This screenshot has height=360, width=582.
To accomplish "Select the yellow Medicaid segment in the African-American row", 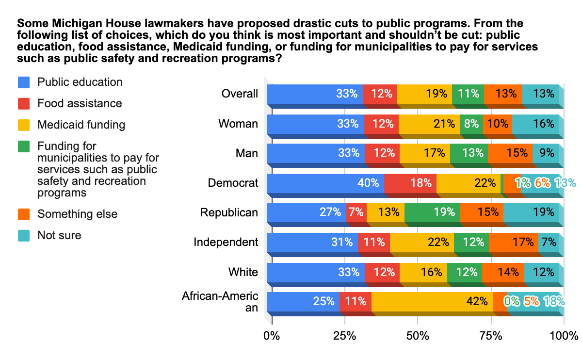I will coord(432,301).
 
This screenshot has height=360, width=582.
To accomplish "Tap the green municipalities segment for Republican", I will coord(432,212).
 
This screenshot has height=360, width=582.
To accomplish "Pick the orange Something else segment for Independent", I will coord(513,242).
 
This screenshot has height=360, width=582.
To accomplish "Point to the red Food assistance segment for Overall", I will coord(380,94).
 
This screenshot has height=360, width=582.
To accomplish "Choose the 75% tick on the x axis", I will coord(490,335).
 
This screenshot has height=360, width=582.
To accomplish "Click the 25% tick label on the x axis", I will coord(344,335).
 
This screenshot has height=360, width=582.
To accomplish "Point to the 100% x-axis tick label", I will coord(564,335).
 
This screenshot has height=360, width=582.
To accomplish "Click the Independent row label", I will coord(226,242).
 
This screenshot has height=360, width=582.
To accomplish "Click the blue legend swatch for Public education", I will coord(24,82).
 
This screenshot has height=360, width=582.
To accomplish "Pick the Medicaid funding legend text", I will coord(81,125).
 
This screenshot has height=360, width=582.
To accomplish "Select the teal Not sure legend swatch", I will coord(24,235).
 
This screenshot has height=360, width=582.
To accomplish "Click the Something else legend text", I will coord(77,214).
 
